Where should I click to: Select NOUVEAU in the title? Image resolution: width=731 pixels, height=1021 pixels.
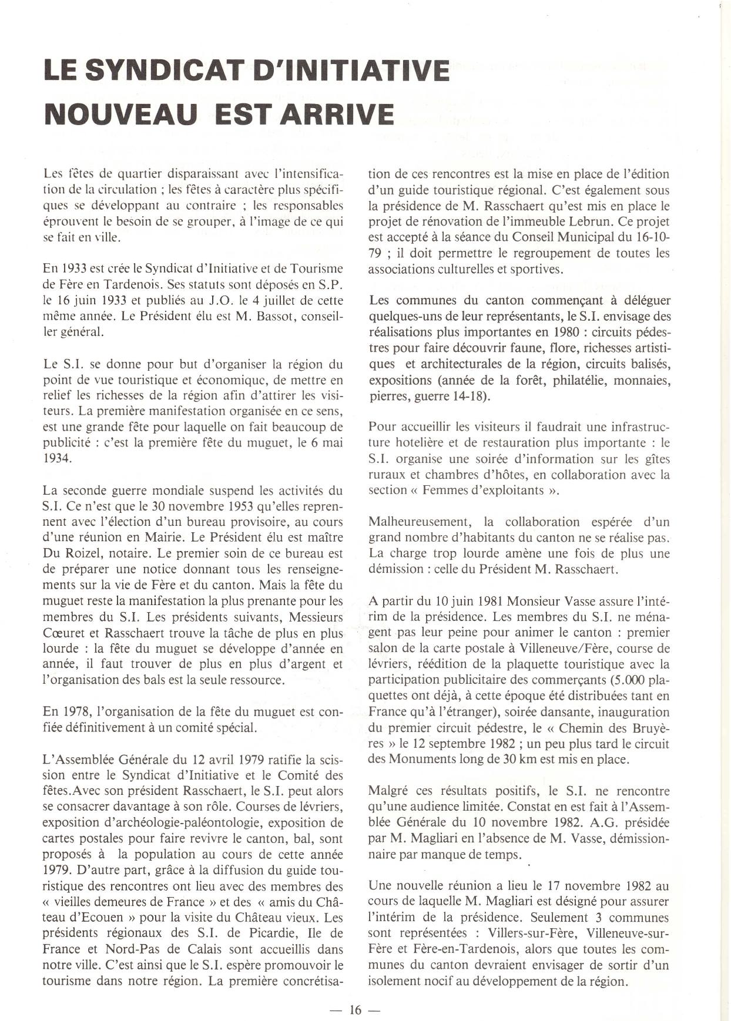pyautogui.click(x=120, y=113)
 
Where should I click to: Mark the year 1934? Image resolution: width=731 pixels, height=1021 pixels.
pyautogui.click(x=57, y=458)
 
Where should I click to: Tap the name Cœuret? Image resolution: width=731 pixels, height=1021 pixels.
pyautogui.click(x=65, y=633)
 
